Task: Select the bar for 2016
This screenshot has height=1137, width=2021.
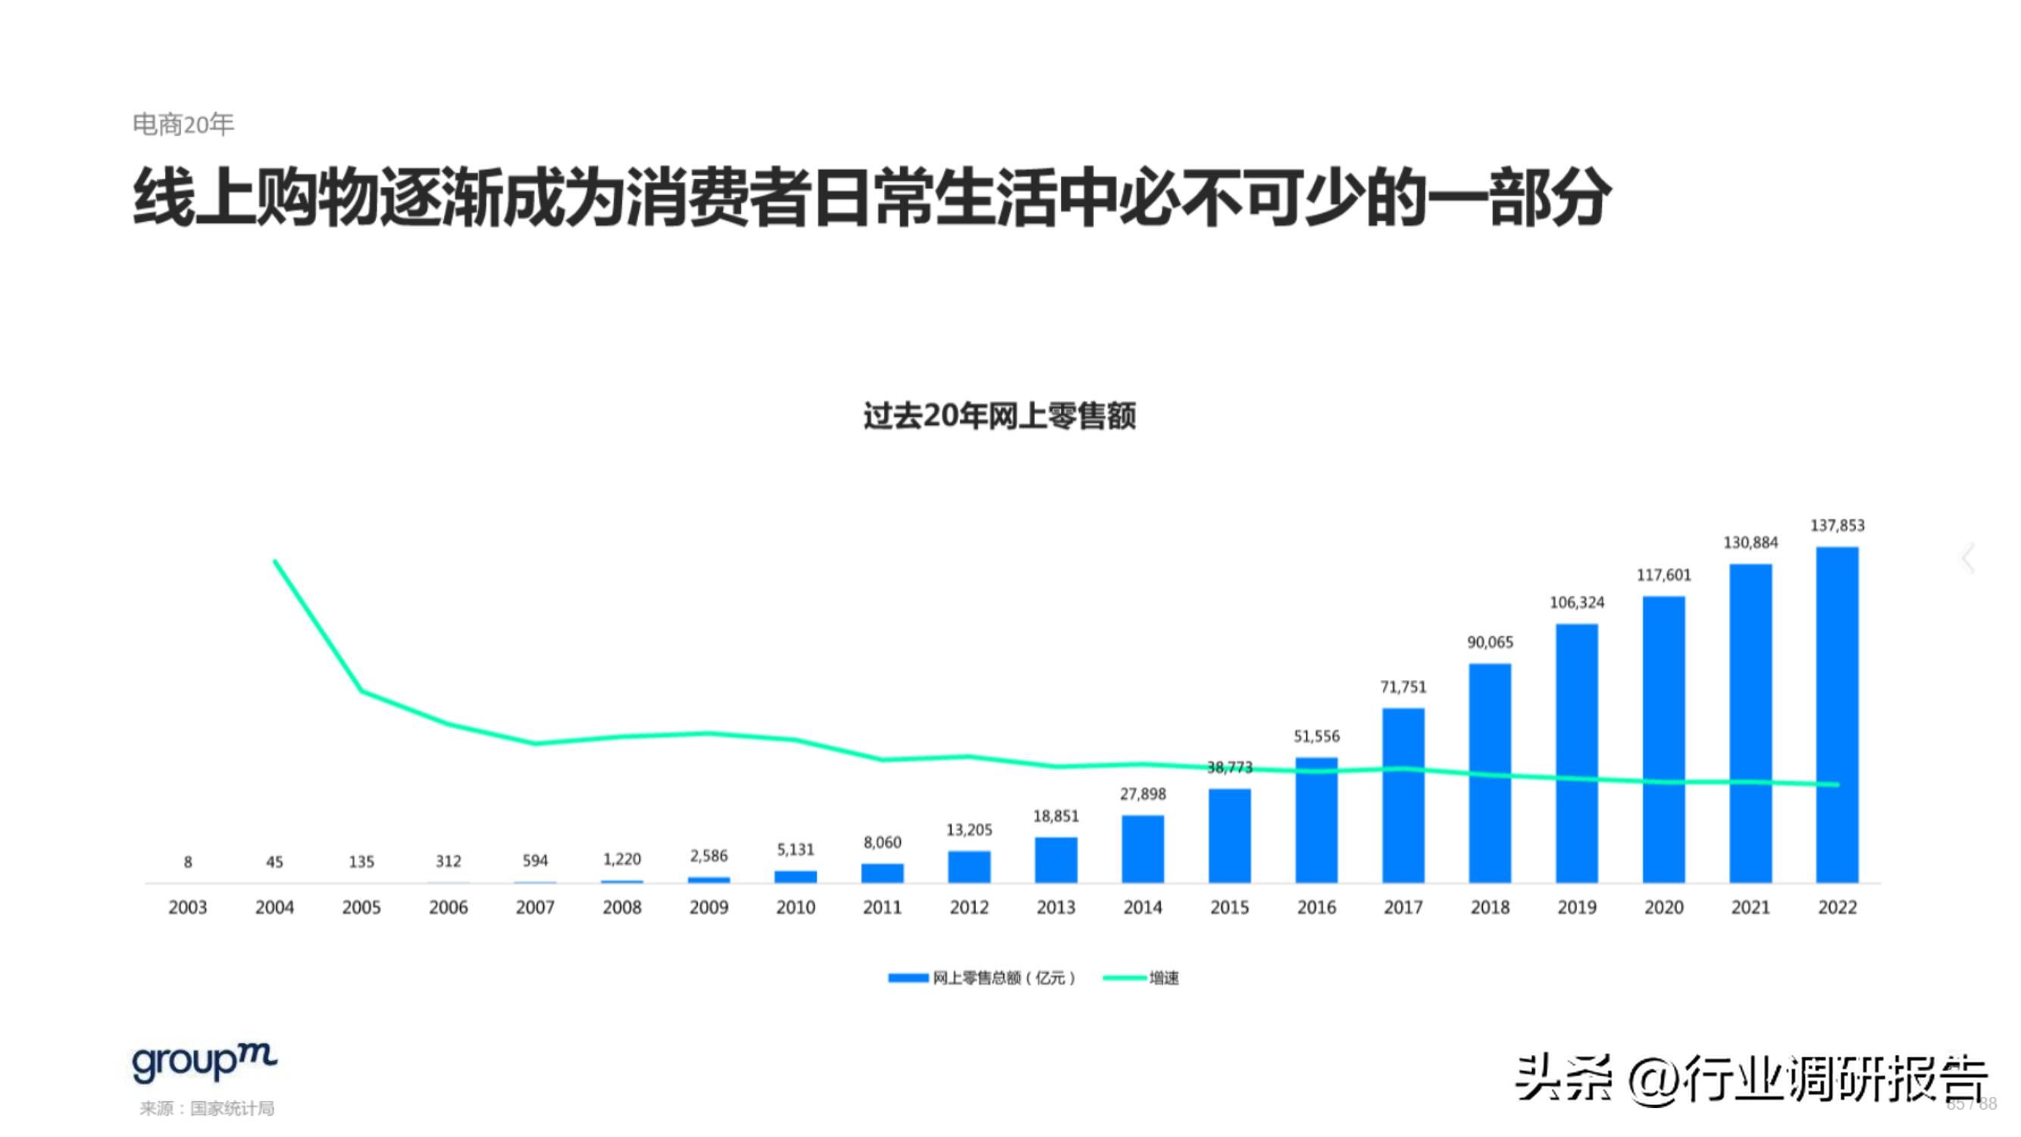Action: click(x=1316, y=820)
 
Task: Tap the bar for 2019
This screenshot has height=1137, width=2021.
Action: click(x=1576, y=753)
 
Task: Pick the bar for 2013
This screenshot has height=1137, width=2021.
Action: click(x=1056, y=860)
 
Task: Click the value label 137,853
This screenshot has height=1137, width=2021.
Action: click(x=1837, y=526)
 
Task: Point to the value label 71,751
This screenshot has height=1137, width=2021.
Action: click(x=1403, y=688)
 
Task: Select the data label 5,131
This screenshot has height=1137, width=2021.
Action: click(x=796, y=850)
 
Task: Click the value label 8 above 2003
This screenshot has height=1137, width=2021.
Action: click(x=187, y=863)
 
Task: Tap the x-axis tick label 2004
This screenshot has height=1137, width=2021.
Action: click(x=274, y=908)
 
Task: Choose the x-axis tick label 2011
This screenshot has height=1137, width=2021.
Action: click(x=882, y=908)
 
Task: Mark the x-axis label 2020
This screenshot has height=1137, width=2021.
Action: click(x=1663, y=908)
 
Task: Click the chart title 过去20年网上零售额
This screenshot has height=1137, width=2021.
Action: click(x=1000, y=416)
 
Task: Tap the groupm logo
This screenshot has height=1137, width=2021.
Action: click(x=204, y=1063)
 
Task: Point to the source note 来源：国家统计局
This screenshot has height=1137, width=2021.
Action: click(x=207, y=1109)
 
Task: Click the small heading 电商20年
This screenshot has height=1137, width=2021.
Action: click(x=183, y=125)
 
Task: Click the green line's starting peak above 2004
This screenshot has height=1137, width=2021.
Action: click(x=274, y=562)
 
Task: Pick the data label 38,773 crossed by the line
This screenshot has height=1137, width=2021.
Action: click(x=1228, y=767)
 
